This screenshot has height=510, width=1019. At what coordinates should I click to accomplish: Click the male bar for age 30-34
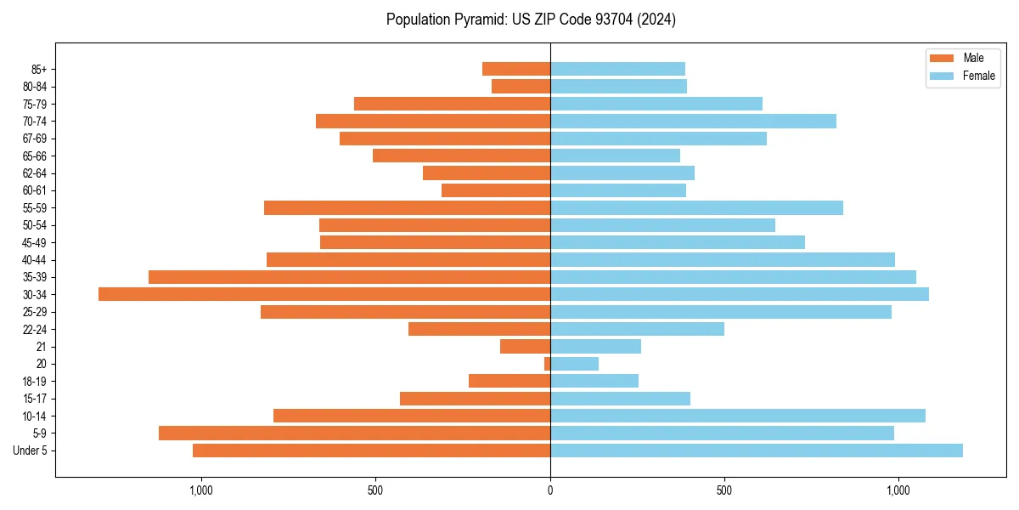324,294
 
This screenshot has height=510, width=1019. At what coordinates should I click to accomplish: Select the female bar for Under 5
757,450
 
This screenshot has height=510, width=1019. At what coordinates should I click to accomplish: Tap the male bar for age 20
547,364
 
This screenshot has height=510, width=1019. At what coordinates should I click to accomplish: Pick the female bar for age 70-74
693,122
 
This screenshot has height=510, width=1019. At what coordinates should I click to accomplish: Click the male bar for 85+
516,69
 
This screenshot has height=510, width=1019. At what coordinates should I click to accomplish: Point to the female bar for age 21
595,347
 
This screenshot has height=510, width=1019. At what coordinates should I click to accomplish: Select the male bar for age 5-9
354,433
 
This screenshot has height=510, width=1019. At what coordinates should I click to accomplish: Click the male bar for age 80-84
521,87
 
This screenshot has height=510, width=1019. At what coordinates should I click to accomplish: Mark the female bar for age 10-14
738,416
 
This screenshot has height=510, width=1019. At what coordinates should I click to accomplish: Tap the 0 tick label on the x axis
550,490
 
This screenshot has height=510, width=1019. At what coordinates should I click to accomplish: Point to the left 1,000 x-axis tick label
201,490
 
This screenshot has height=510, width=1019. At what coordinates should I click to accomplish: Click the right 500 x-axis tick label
724,490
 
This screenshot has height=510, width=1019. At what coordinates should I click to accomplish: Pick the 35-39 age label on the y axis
35,277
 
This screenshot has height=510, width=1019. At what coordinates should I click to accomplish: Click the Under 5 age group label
31,450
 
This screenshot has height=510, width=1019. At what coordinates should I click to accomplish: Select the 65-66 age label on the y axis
35,156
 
